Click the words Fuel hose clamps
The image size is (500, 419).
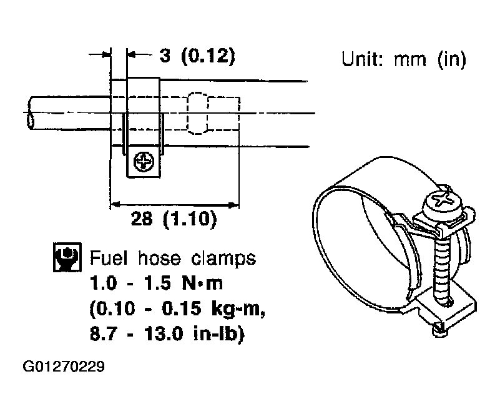pyautogui.click(x=173, y=258)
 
